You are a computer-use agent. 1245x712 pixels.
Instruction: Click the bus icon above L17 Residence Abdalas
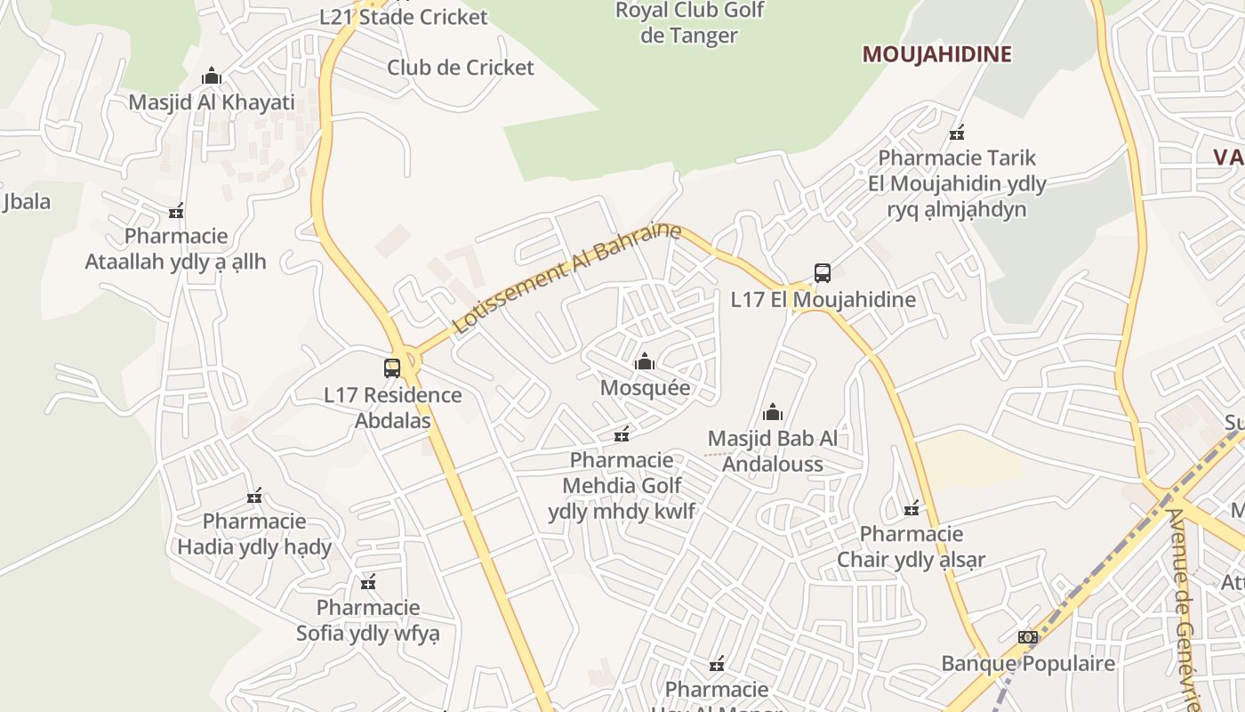pyautogui.click(x=392, y=368)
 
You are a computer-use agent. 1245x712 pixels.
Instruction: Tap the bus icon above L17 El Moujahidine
pyautogui.click(x=823, y=273)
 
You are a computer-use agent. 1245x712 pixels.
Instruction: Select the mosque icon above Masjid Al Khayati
pyautogui.click(x=212, y=76)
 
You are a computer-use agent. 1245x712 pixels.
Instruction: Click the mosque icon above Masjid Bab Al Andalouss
pyautogui.click(x=773, y=412)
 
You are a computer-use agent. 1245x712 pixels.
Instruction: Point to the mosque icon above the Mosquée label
pyautogui.click(x=645, y=361)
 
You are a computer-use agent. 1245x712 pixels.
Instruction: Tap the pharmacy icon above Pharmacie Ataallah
pyautogui.click(x=176, y=212)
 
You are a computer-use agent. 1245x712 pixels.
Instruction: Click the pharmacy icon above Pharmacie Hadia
pyautogui.click(x=254, y=496)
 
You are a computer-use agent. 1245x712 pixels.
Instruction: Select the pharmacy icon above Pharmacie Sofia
pyautogui.click(x=368, y=583)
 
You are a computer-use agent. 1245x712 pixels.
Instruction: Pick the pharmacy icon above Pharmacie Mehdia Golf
pyautogui.click(x=622, y=435)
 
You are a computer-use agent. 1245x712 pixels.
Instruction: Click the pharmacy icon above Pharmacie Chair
pyautogui.click(x=912, y=509)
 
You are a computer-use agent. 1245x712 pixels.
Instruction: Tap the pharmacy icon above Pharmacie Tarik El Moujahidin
pyautogui.click(x=957, y=133)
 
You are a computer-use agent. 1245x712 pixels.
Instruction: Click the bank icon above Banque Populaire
pyautogui.click(x=1028, y=637)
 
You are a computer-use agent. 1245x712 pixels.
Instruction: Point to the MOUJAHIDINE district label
pyautogui.click(x=936, y=54)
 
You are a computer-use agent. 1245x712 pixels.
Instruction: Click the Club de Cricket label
pyautogui.click(x=461, y=68)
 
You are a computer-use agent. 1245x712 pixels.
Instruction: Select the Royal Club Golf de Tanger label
pyautogui.click(x=690, y=24)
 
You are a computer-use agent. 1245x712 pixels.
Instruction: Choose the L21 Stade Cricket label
pyautogui.click(x=404, y=17)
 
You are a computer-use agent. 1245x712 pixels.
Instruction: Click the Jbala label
pyautogui.click(x=27, y=201)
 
